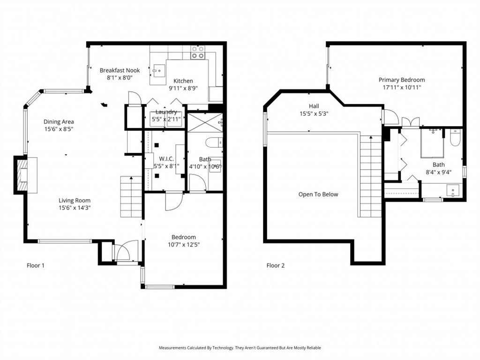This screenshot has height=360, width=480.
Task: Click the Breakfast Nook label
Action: coord(120,70)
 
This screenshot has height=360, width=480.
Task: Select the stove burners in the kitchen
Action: coord(197,52)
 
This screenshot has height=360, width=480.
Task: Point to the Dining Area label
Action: coord(59,122)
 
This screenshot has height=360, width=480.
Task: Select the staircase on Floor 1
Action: coord(131,197)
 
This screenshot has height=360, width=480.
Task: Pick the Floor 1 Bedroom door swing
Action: coord(173,202)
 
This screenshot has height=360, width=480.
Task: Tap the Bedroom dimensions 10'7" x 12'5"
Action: coord(183,244)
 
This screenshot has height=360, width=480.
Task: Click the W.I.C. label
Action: coord(166,159)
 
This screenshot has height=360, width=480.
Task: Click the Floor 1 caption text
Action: coord(36,265)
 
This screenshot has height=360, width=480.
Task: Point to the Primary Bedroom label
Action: coord(402,80)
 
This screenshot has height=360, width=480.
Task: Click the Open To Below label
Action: coord(318,195)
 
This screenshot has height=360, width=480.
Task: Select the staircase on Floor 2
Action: coord(371,176)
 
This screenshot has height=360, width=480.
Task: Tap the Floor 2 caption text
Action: coord(276,265)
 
